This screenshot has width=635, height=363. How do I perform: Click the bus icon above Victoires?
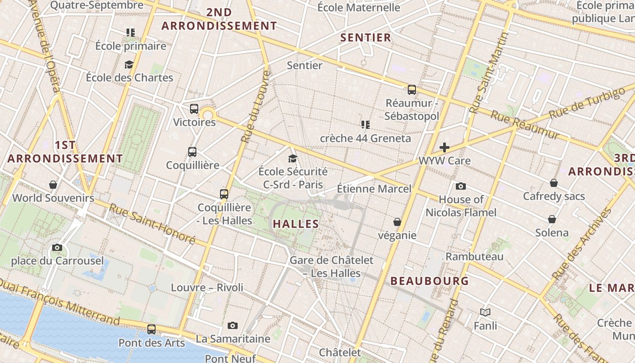pos(194,109)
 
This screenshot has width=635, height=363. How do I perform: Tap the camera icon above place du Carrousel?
pos(57,247)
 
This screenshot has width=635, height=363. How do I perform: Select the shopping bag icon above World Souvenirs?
pos(53,185)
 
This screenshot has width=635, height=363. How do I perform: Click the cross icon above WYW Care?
pos(444,147)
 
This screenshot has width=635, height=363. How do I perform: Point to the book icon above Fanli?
pos(485,312)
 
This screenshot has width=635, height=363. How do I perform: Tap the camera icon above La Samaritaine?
pos(233,325)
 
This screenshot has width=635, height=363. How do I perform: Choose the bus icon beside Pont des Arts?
pos(151,329)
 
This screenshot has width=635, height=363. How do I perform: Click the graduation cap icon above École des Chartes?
pos(129,64)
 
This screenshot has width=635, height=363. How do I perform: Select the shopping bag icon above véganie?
pos(397,222)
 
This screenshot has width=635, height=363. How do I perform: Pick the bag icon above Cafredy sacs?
pos(554,183)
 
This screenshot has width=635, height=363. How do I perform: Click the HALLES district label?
pos(296,224)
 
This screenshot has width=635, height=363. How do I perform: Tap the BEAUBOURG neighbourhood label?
pos(430,281)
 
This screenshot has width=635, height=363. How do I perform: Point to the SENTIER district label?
pos(366,38)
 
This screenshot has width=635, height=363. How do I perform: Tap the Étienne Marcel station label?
pos(374,189)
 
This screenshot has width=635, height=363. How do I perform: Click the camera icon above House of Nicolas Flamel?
pos(461,186)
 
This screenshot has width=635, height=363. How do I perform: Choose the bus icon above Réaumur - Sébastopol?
pos(412,90)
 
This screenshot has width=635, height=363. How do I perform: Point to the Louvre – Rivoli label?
pos(207,287)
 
